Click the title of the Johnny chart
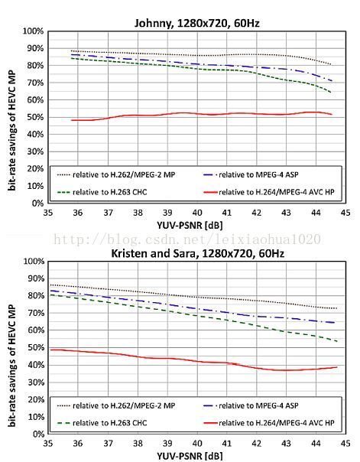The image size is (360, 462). point(196,23)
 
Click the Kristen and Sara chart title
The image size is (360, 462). point(197,253)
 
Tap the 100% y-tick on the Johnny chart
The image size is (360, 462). point(34,31)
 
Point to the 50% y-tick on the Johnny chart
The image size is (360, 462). point(36,117)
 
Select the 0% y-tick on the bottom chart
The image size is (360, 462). point(37,434)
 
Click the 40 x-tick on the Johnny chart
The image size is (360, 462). point(197,213)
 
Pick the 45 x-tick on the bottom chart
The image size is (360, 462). point(345,443)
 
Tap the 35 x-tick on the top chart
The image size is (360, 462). point(48,213)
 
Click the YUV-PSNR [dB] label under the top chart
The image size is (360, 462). point(190,226)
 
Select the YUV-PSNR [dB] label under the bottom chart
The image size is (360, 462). point(190,457)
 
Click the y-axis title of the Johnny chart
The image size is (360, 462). point(11,129)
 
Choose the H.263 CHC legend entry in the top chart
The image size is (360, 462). point(102,192)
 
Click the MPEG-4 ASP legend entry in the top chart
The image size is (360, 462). point(251,174)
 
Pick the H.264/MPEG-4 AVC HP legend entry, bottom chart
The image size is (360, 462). point(269,423)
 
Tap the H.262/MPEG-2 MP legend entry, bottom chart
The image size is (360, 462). point(116,405)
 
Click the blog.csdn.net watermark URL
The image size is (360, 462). point(187,239)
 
